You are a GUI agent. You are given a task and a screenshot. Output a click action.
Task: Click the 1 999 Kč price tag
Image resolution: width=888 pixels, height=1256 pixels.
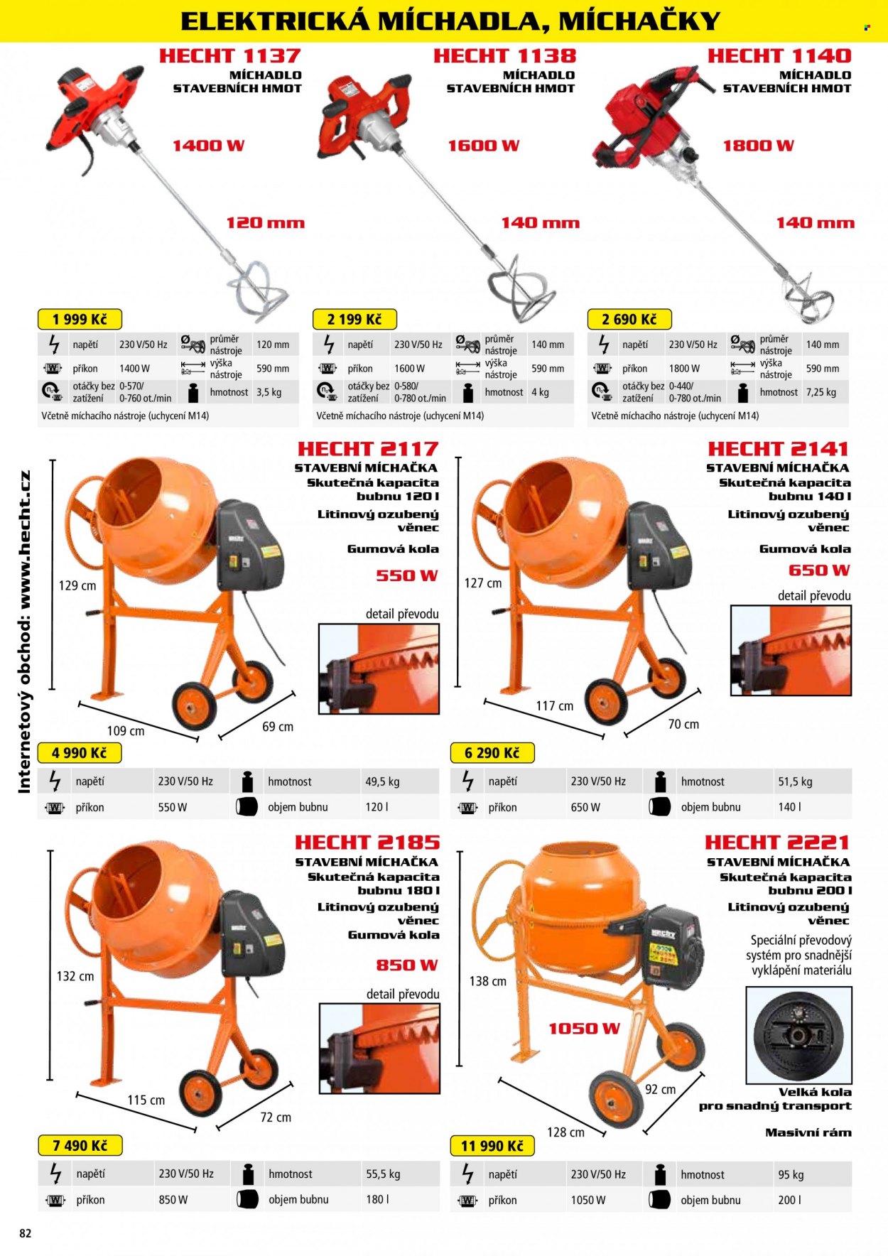80,319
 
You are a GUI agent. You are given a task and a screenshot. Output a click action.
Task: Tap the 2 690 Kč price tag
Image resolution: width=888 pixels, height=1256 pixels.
629,319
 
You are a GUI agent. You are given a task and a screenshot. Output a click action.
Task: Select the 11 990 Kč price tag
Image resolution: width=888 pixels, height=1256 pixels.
492,1146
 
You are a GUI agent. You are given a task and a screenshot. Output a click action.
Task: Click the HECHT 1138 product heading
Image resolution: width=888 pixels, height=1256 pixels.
504,55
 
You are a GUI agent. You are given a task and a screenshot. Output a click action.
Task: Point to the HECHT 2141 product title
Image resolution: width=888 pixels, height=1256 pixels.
779,449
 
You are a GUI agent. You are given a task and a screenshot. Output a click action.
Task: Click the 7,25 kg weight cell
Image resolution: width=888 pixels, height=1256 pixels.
821,392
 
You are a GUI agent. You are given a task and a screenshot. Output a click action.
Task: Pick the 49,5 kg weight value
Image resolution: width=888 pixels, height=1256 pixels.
382,781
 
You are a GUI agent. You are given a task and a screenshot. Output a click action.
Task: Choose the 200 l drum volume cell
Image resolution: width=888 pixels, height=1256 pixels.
789,1200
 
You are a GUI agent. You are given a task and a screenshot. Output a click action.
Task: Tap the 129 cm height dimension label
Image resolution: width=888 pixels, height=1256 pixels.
77,586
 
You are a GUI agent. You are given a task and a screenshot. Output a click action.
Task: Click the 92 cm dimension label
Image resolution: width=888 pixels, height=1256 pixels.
661,1090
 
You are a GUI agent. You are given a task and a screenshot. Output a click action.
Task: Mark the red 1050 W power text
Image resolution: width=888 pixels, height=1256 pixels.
584,1029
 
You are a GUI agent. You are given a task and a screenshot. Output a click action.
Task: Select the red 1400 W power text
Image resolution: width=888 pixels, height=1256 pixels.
209,146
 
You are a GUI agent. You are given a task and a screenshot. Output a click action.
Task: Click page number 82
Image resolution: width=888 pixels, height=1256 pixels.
26,1233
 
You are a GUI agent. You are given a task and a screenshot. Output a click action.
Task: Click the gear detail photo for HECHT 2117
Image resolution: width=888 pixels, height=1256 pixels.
379,668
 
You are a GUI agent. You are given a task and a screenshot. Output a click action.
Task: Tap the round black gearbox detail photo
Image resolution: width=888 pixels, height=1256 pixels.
798,1035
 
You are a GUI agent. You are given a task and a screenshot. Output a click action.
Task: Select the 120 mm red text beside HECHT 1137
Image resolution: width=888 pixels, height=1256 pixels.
265,223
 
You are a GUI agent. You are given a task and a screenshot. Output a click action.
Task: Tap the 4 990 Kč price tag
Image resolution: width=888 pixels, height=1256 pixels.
80,753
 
